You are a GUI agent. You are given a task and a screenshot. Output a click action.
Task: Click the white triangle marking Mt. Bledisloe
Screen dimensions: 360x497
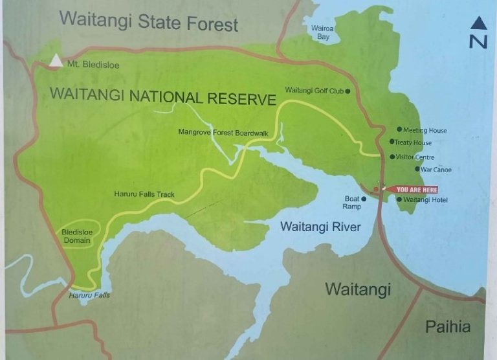57,62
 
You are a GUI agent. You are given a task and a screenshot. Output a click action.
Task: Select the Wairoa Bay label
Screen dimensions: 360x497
322,33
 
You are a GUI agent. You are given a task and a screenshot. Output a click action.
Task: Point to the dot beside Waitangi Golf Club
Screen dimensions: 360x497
348,91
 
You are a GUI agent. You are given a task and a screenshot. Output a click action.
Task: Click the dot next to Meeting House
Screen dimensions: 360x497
399,129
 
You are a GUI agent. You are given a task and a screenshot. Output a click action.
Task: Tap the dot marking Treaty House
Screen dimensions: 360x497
392,142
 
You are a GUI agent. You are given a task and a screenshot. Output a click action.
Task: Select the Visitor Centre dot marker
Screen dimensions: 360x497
392,157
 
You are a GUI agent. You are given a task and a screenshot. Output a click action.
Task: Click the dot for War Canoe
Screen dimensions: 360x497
417,169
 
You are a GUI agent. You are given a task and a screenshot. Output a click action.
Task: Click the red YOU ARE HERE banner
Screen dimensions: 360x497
415,190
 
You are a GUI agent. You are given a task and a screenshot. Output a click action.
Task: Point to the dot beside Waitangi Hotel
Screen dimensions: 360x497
399,199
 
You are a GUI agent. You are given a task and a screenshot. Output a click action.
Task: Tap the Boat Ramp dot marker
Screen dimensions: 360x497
364,199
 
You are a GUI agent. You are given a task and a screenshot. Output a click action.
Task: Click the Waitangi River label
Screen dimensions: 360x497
320,227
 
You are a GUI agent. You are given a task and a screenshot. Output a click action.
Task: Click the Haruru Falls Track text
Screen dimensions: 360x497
144,194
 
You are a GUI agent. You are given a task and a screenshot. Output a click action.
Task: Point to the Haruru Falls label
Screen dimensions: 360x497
89,296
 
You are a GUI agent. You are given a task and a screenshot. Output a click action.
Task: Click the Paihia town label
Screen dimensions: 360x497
448,327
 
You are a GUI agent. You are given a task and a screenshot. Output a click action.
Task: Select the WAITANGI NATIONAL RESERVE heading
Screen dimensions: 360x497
163,98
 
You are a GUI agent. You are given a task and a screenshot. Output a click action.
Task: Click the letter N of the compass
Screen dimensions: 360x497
478,42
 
